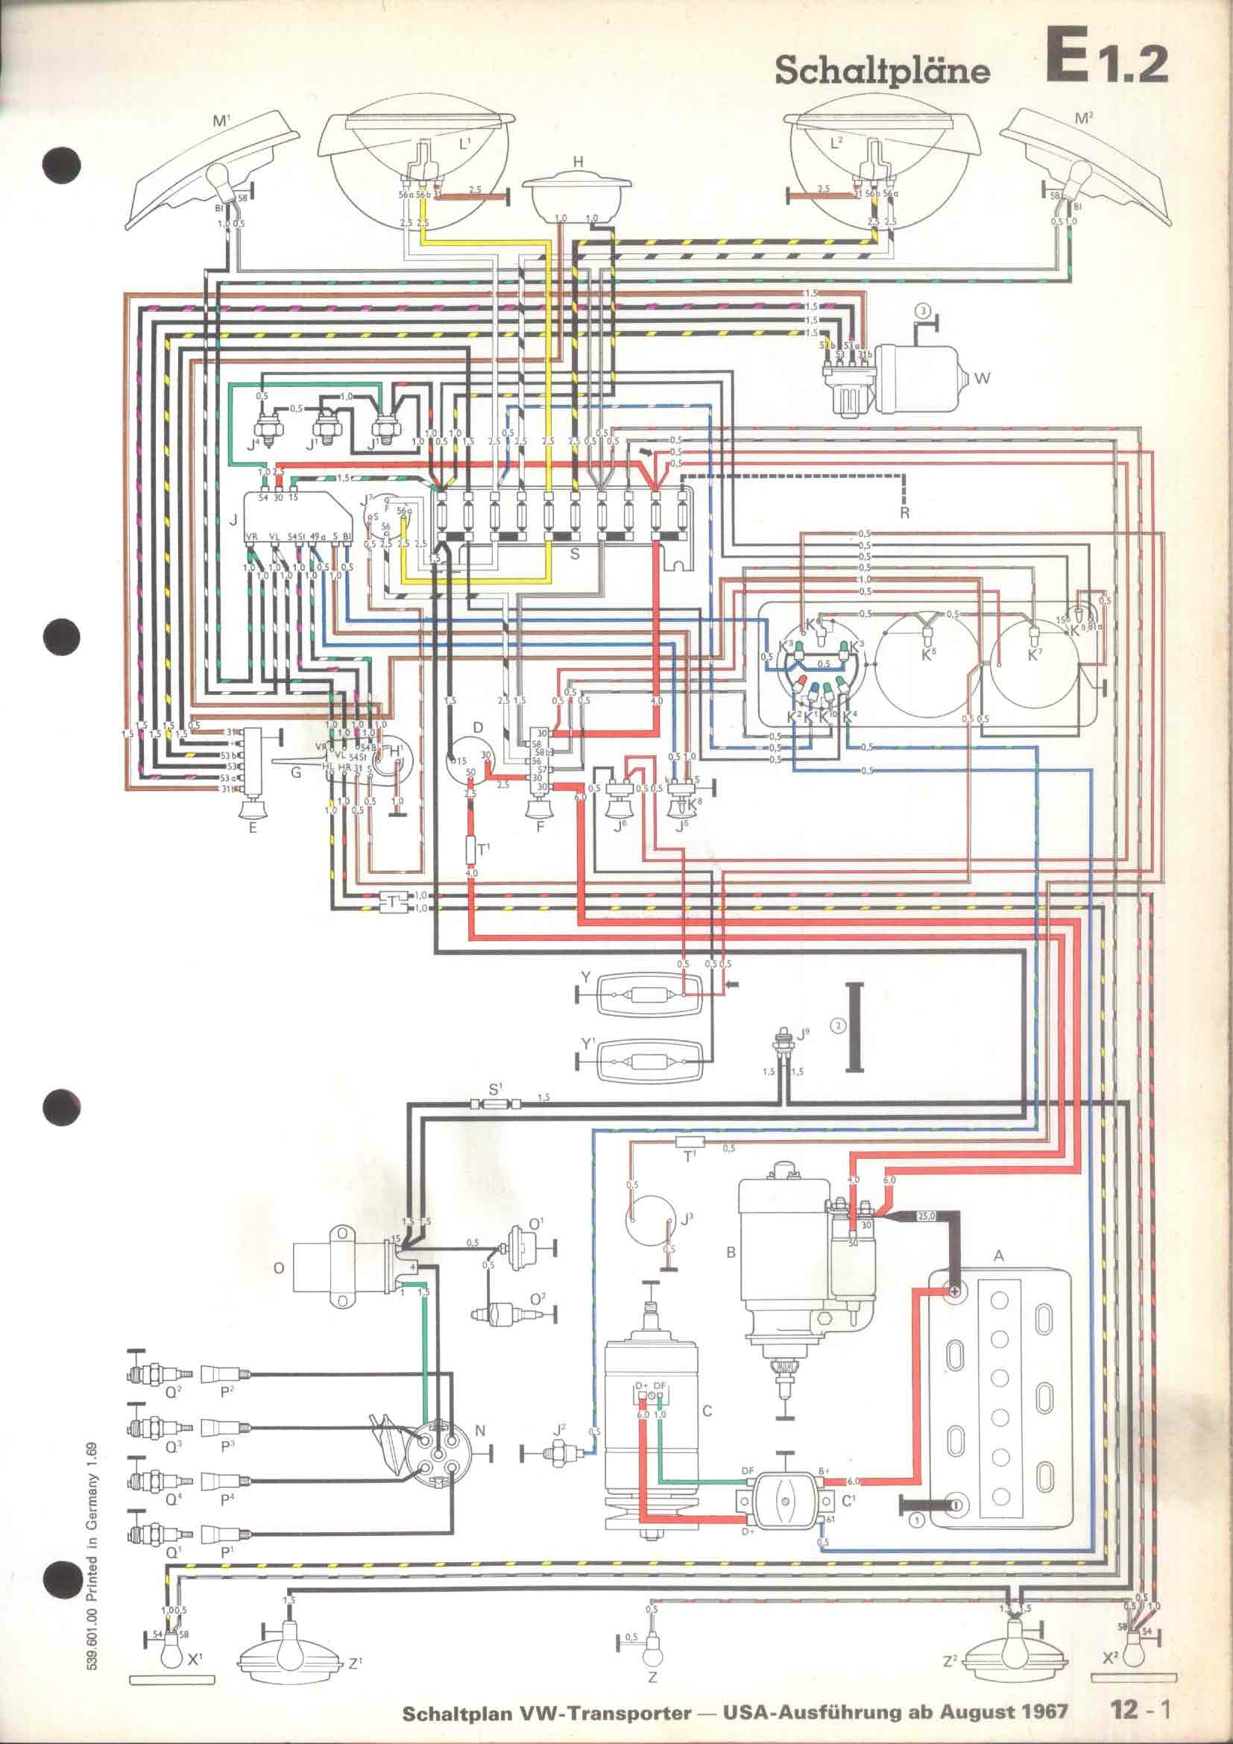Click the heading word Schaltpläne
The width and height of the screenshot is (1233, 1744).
(882, 72)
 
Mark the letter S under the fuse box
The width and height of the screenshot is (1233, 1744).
(575, 554)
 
